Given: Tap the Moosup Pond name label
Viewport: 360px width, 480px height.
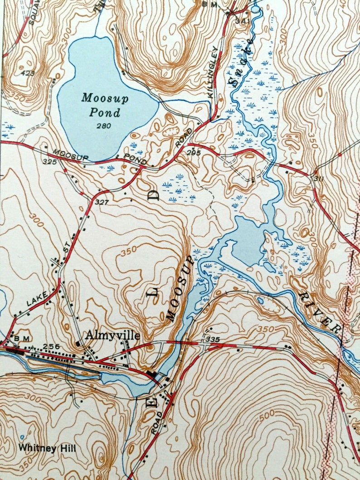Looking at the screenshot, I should (x=101, y=105).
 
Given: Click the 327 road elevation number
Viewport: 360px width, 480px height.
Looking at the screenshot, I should (x=102, y=202).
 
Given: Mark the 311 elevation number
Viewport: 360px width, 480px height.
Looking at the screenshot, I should (x=318, y=179).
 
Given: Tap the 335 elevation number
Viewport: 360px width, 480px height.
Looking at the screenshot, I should (x=212, y=339).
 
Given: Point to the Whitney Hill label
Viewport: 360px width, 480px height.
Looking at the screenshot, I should (x=47, y=448).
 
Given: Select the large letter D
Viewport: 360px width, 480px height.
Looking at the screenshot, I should (x=154, y=195).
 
